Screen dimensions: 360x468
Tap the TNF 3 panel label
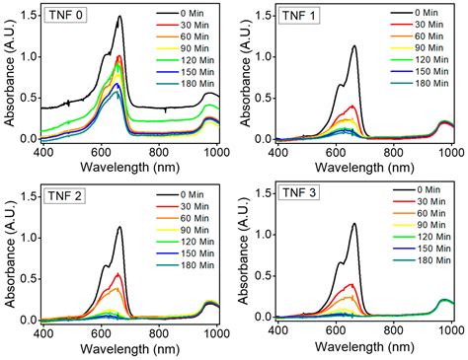coord(303,193)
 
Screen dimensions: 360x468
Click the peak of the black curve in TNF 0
coord(119,17)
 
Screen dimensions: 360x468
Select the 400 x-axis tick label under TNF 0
coord(42,154)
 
